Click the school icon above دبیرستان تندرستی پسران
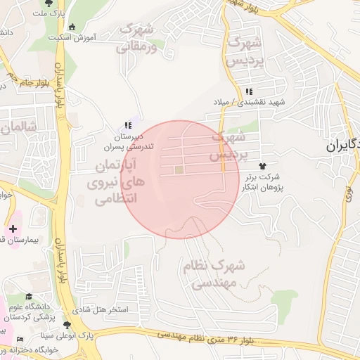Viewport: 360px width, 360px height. (128, 125)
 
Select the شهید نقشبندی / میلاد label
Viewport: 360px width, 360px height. (246, 103)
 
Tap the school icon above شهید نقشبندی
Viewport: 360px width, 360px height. (248, 91)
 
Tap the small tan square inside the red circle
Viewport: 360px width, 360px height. (179, 169)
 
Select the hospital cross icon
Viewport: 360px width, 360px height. (13, 229)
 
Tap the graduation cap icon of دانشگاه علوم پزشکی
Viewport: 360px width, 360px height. (29, 297)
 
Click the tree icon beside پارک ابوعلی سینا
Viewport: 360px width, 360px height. (67, 325)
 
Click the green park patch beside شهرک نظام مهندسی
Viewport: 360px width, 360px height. (285, 302)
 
